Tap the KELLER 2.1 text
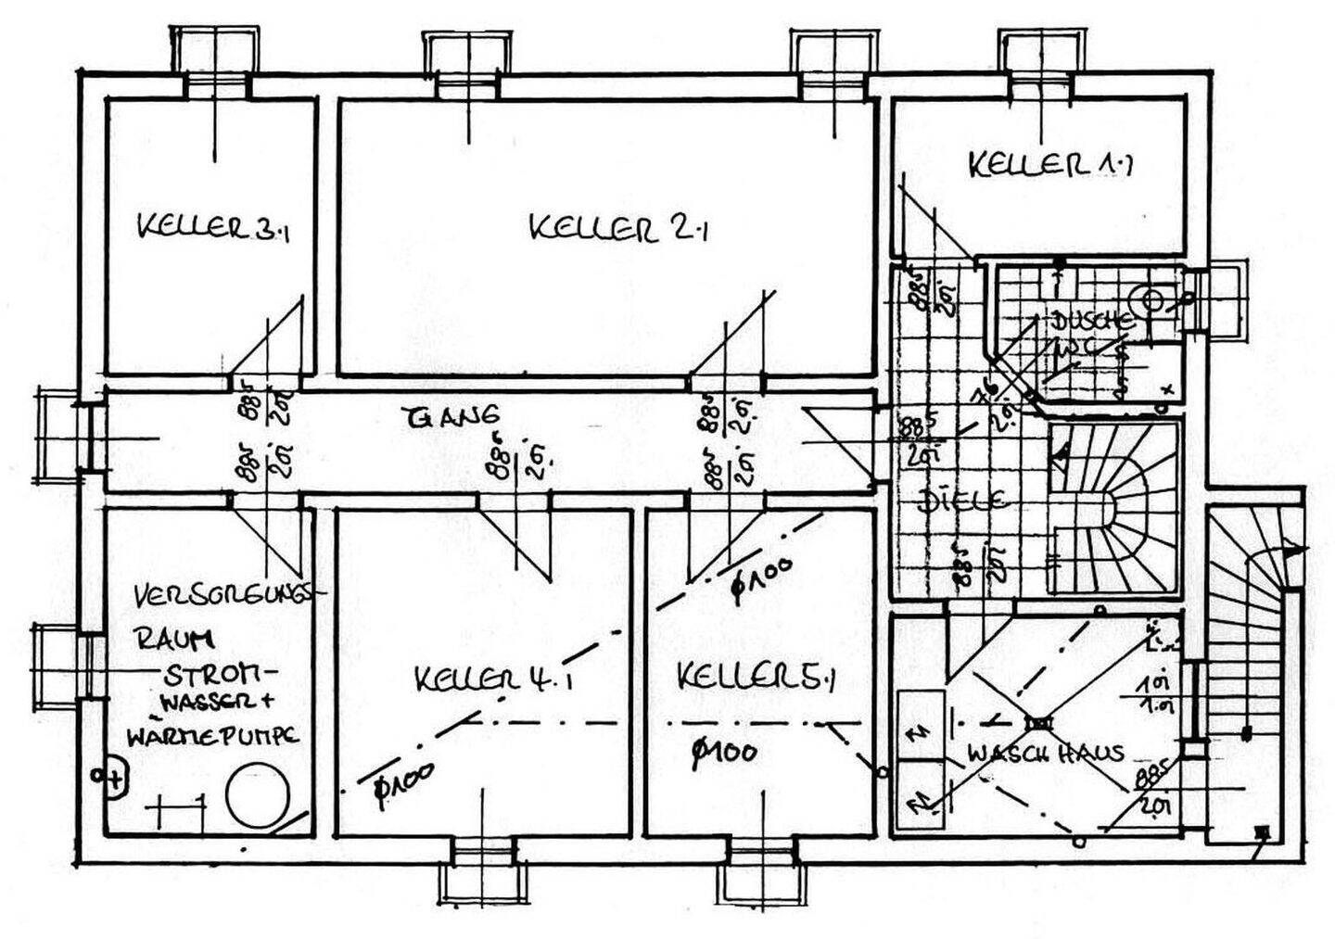pos(618,227)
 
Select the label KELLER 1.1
pos(1050,165)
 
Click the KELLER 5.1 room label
pos(756,677)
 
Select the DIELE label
pos(961,501)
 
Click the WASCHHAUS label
pos(1045,753)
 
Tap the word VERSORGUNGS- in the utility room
pos(229,595)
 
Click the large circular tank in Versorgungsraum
pos(257,795)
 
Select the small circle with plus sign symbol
pos(110,779)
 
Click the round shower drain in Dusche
pos(1152,300)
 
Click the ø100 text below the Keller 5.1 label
pos(723,752)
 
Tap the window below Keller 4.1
pos(484,871)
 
